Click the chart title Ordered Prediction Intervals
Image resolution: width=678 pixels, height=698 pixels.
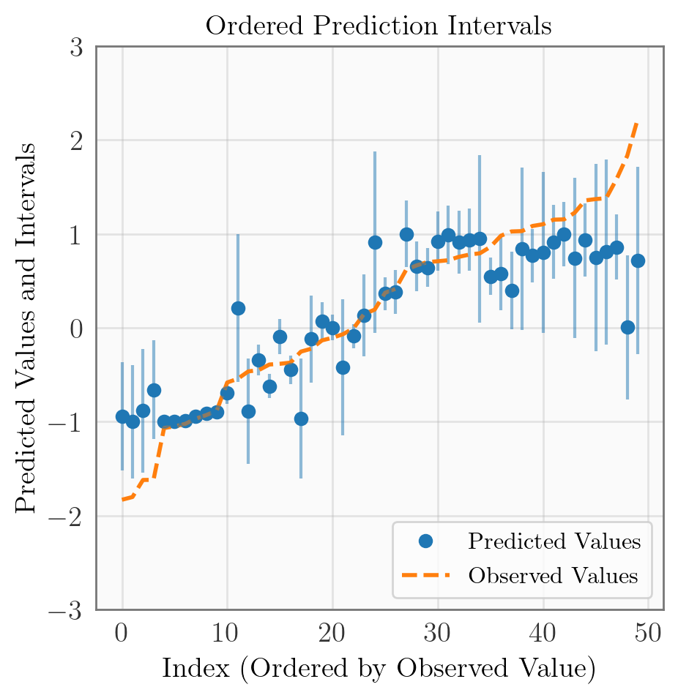point(378,26)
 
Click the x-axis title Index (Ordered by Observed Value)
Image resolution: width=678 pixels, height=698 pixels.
point(378,668)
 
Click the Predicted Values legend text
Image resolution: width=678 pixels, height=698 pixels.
point(554,542)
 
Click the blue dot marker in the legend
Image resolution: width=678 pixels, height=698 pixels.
point(425,542)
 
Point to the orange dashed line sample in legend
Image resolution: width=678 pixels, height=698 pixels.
point(425,576)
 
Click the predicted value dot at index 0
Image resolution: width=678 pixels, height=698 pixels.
point(122,416)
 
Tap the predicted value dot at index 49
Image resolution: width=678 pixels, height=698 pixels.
point(638,260)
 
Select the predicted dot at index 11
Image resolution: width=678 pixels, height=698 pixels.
point(238,308)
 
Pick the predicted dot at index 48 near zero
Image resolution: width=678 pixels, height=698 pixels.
point(627,327)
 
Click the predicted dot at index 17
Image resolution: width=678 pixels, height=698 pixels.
point(301,419)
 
